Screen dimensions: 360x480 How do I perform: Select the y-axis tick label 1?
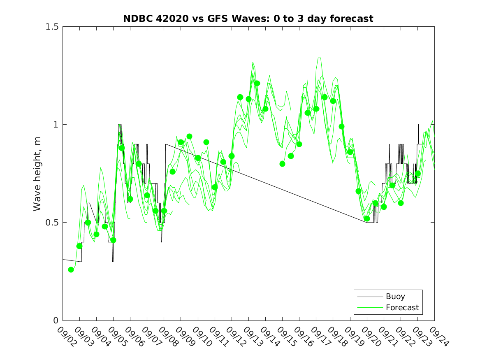[56, 125]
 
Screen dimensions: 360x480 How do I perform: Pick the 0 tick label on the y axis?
[56, 321]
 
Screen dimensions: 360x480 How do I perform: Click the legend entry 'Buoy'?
[395, 296]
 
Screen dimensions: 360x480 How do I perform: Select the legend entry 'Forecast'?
[402, 307]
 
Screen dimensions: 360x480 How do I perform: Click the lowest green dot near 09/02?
[71, 269]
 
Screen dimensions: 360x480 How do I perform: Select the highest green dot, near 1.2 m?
[257, 84]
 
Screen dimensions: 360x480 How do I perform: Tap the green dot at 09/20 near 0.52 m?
[367, 218]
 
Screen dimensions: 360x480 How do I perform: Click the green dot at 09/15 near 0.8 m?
[283, 164]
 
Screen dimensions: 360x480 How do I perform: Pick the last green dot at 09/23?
[418, 174]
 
